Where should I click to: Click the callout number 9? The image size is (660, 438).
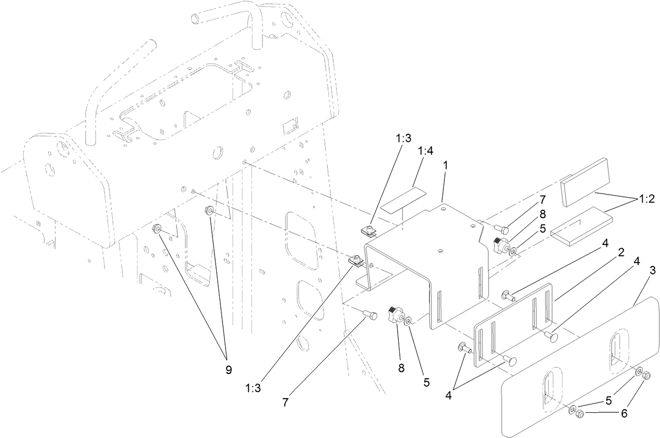(x=228, y=369)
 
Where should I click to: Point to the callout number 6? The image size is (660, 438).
(x=623, y=413)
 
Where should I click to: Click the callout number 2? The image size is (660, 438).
(x=621, y=253)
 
